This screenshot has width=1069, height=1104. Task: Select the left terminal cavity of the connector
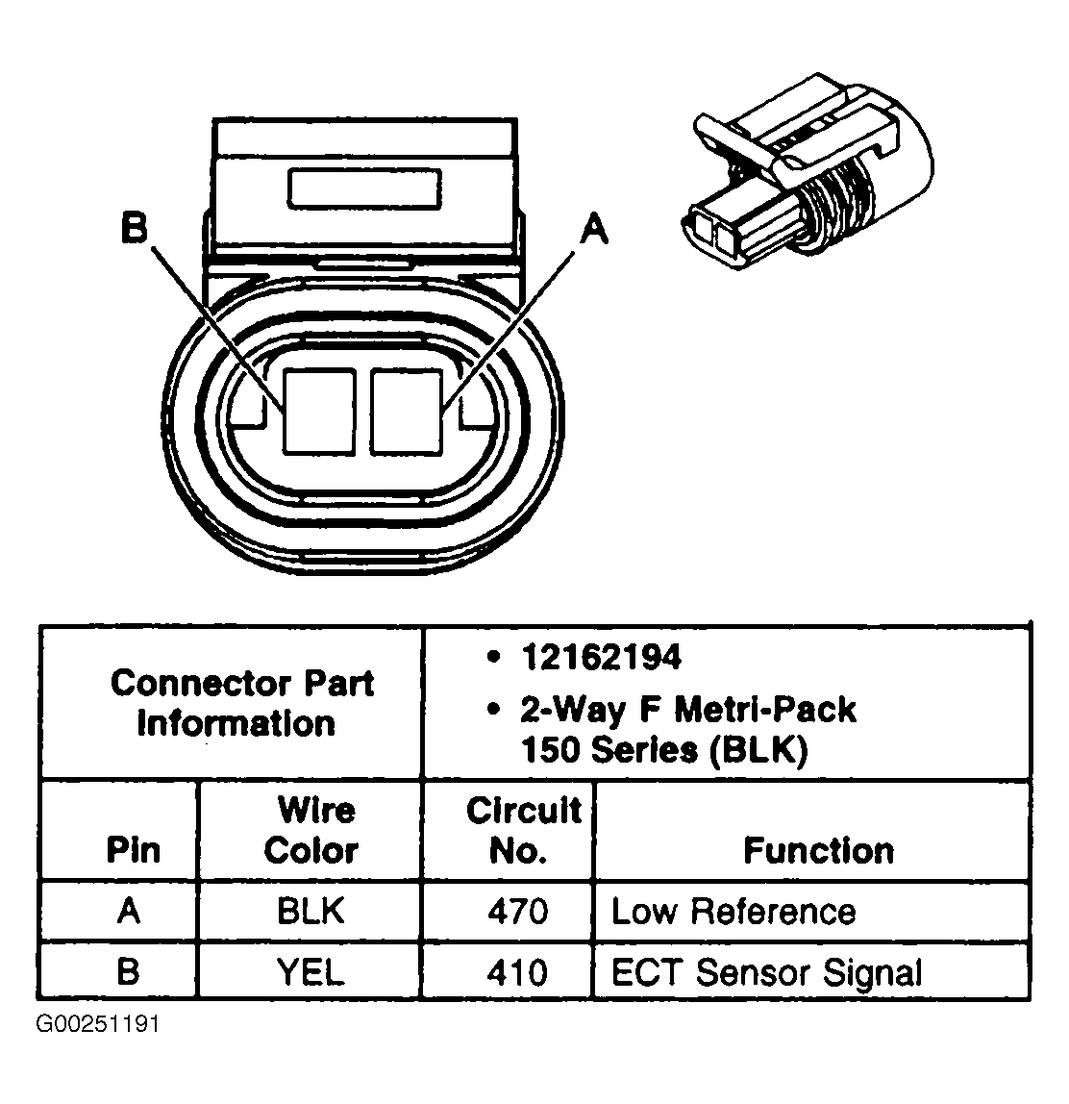(x=320, y=411)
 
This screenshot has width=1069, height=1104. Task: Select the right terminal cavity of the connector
(x=407, y=411)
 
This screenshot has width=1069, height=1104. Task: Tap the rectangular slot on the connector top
(x=364, y=188)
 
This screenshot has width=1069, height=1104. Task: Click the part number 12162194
(x=600, y=658)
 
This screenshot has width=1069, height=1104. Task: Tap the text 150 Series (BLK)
(x=663, y=750)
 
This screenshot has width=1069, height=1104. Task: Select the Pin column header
(x=133, y=851)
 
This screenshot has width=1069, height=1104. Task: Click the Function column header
(x=818, y=851)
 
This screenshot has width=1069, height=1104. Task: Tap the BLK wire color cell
(x=311, y=912)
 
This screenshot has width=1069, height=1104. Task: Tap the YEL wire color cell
(x=310, y=972)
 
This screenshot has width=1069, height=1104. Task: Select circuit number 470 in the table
(x=516, y=912)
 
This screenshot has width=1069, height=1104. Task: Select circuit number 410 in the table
(x=516, y=972)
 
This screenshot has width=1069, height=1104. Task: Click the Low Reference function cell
(x=733, y=912)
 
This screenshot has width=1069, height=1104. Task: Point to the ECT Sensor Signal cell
(x=766, y=972)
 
